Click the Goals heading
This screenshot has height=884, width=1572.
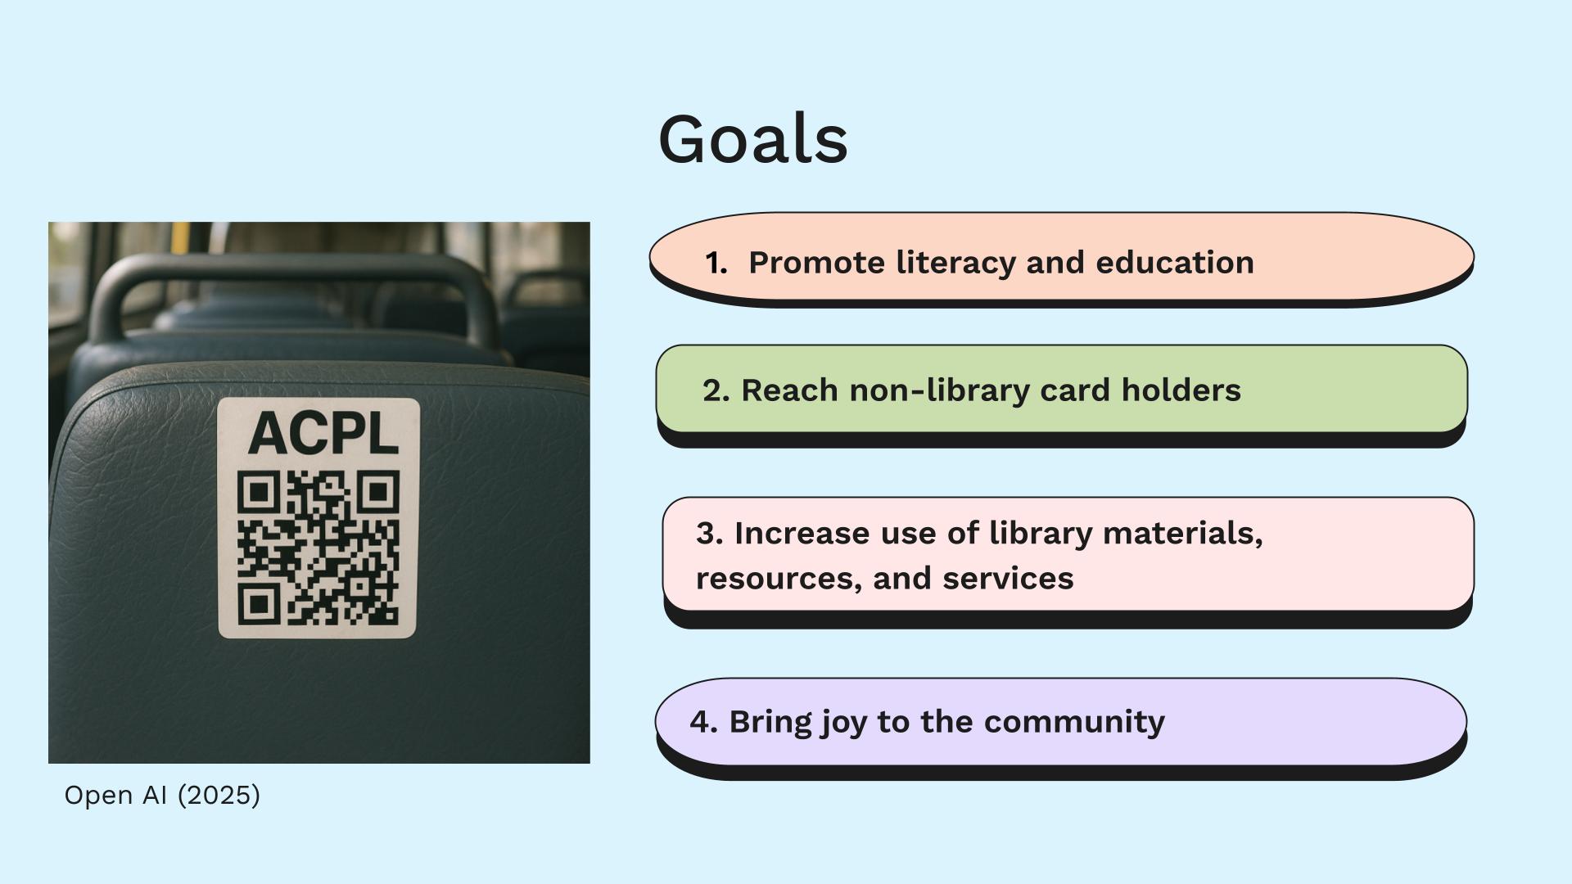[752, 139]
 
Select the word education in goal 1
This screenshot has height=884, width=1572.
[1175, 263]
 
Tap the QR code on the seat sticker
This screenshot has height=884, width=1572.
[318, 547]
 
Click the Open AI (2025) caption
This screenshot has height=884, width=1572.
[162, 796]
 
